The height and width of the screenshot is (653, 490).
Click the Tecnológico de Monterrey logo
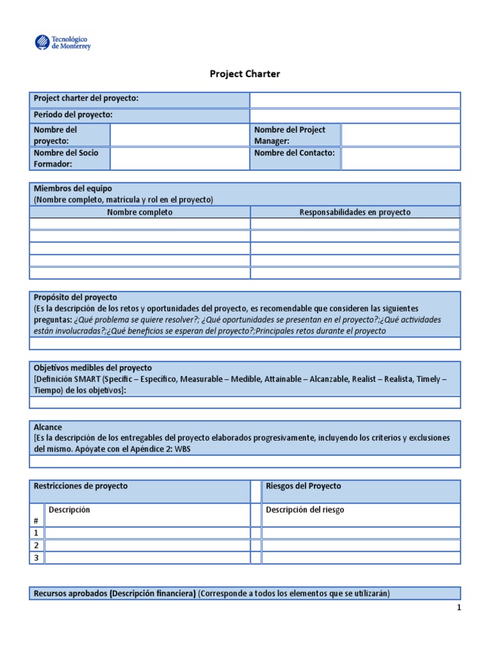click(x=63, y=43)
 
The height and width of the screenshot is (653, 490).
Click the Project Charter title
click(x=245, y=74)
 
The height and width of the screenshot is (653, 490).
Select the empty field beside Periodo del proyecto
click(x=355, y=115)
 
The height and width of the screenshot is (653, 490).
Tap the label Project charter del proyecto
click(x=86, y=98)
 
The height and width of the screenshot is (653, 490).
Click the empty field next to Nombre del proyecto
click(x=179, y=135)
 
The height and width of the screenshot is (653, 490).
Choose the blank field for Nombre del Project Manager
click(x=400, y=135)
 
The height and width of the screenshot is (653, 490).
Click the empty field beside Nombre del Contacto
click(x=400, y=158)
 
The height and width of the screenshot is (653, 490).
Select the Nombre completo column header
click(x=140, y=212)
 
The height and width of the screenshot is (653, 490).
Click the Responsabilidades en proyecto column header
click(x=355, y=212)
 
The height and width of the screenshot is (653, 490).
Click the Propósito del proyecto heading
click(x=75, y=297)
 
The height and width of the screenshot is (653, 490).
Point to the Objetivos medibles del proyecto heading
click(x=93, y=368)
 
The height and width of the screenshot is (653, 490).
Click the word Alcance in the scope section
click(x=48, y=427)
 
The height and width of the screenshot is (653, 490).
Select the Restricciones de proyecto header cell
click(x=80, y=486)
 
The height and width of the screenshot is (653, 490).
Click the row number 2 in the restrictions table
click(x=36, y=545)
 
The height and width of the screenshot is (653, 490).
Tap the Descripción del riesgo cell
click(x=305, y=510)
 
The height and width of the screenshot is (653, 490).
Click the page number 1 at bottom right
click(x=458, y=608)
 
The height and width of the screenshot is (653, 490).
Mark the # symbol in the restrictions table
click(x=36, y=521)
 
